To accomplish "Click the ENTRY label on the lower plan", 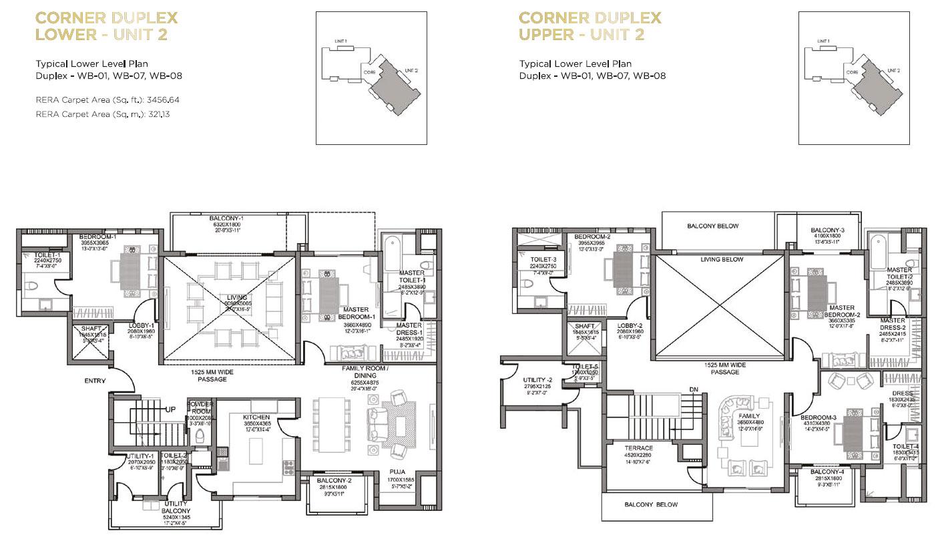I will point(95,381).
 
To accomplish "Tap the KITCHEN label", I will point(257,417).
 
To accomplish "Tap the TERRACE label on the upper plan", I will point(638,448).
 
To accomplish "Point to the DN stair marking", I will point(693,389).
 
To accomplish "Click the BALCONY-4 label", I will point(827,472).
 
